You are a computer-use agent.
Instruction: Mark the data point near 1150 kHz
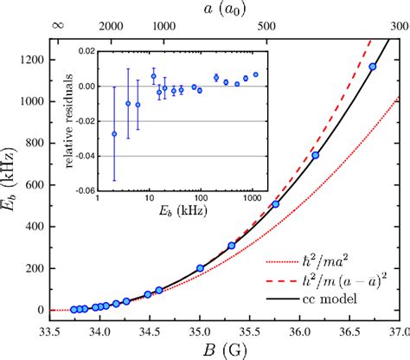click(x=373, y=67)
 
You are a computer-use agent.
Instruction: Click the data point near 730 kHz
click(x=316, y=156)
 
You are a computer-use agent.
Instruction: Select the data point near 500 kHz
click(x=276, y=204)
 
